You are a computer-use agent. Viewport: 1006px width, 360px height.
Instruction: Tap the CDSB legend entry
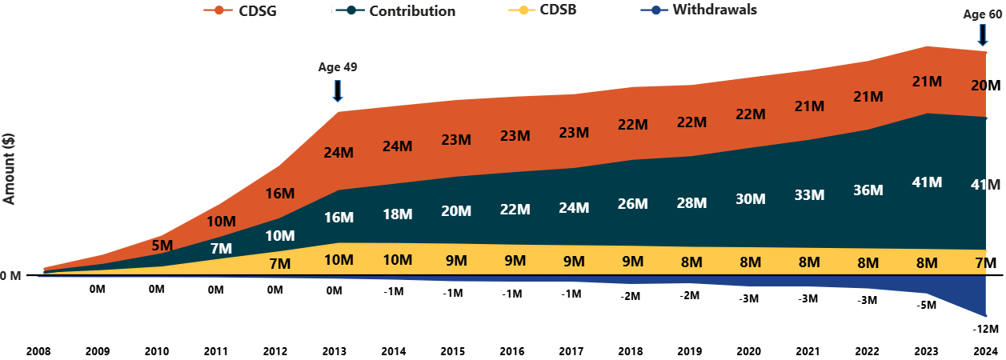click(546, 11)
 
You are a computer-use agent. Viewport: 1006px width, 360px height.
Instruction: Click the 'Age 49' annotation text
click(337, 67)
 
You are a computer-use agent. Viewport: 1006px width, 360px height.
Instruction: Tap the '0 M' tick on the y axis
click(11, 276)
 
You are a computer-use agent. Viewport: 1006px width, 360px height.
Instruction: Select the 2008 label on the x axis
click(38, 350)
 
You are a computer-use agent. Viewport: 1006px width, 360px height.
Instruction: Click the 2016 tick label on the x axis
click(512, 350)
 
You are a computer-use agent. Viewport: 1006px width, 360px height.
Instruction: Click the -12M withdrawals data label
click(985, 329)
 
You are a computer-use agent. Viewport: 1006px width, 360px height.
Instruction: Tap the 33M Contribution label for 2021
click(808, 194)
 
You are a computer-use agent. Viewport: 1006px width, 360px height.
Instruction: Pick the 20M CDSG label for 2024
click(985, 86)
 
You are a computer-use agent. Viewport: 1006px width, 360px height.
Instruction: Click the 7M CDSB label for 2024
click(985, 263)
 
